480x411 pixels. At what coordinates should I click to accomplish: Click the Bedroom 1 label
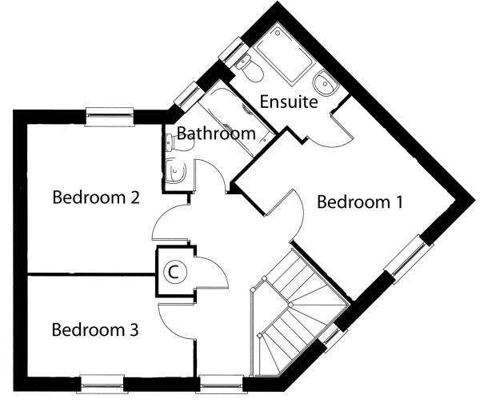[359, 202]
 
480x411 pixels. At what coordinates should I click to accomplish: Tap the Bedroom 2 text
[96, 197]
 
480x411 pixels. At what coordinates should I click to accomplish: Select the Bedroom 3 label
[95, 329]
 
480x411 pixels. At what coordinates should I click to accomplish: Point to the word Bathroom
[216, 133]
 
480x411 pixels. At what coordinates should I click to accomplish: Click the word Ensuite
[289, 102]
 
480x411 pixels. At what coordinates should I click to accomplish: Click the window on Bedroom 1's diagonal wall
[408, 257]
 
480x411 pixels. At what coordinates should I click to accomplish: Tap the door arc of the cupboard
[211, 276]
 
